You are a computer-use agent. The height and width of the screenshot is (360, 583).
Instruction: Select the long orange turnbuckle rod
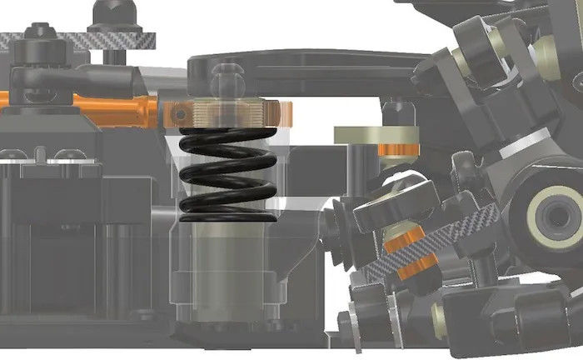pyautogui.click(x=108, y=106)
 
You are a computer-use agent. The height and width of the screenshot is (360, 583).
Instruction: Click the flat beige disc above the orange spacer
pyautogui.click(x=375, y=136)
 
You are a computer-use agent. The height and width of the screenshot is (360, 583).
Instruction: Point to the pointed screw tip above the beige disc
pyautogui.click(x=396, y=108)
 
